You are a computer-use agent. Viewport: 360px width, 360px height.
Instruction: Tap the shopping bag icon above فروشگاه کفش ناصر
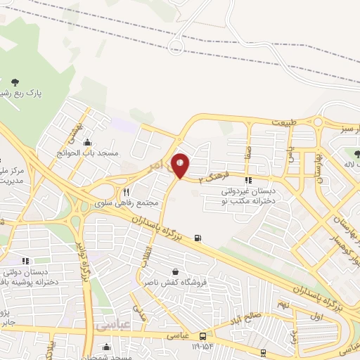(174, 271)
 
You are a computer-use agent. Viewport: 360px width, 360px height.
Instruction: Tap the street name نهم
(282, 304)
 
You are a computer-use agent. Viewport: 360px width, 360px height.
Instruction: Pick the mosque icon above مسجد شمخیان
(105, 345)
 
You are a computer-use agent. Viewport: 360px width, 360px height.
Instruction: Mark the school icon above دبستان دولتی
(25, 261)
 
